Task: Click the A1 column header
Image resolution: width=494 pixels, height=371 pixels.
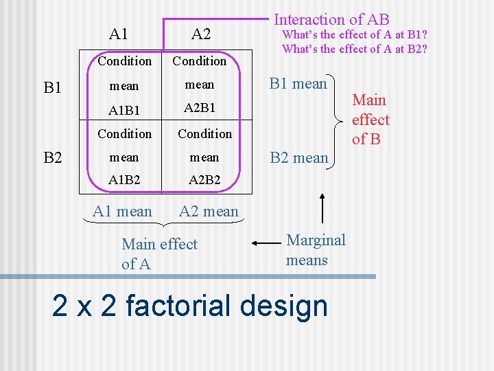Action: point(119,34)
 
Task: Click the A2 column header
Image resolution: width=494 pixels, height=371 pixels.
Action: point(201,34)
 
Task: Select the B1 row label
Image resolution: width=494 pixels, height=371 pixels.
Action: point(53,87)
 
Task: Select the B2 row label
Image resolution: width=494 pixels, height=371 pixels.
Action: point(53,159)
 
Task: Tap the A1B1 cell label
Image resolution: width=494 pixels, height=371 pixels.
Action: point(123,108)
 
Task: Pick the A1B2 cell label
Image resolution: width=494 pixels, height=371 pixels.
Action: point(123,179)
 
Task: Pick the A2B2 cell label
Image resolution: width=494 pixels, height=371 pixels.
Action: point(204,179)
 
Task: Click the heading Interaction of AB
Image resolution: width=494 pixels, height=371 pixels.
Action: point(331,20)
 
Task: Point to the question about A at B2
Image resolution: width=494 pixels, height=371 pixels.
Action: point(355,48)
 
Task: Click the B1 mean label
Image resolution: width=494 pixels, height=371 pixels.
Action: point(298,84)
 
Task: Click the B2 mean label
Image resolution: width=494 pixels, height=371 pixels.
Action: point(299,158)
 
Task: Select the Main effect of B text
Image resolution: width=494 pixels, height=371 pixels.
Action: point(370,120)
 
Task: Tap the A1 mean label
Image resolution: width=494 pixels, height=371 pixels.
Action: point(123,212)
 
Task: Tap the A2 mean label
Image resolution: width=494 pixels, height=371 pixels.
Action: point(209,212)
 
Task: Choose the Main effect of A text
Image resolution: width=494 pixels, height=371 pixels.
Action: point(158,254)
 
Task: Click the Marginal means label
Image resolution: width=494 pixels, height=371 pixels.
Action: point(316,250)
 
